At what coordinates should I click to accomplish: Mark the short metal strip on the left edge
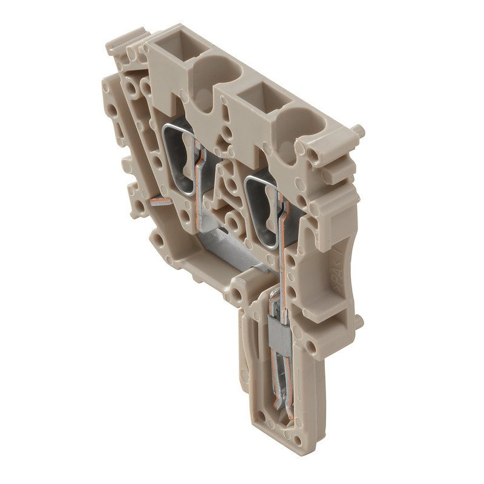point(159,201)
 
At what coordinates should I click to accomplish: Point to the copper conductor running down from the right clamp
point(283,254)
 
